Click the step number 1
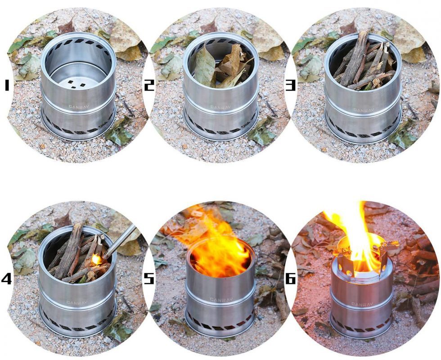pos(7,85)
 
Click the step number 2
pos(149,85)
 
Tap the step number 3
pos(290,85)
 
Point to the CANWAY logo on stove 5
pos(221,300)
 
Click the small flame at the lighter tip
pos(97,259)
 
